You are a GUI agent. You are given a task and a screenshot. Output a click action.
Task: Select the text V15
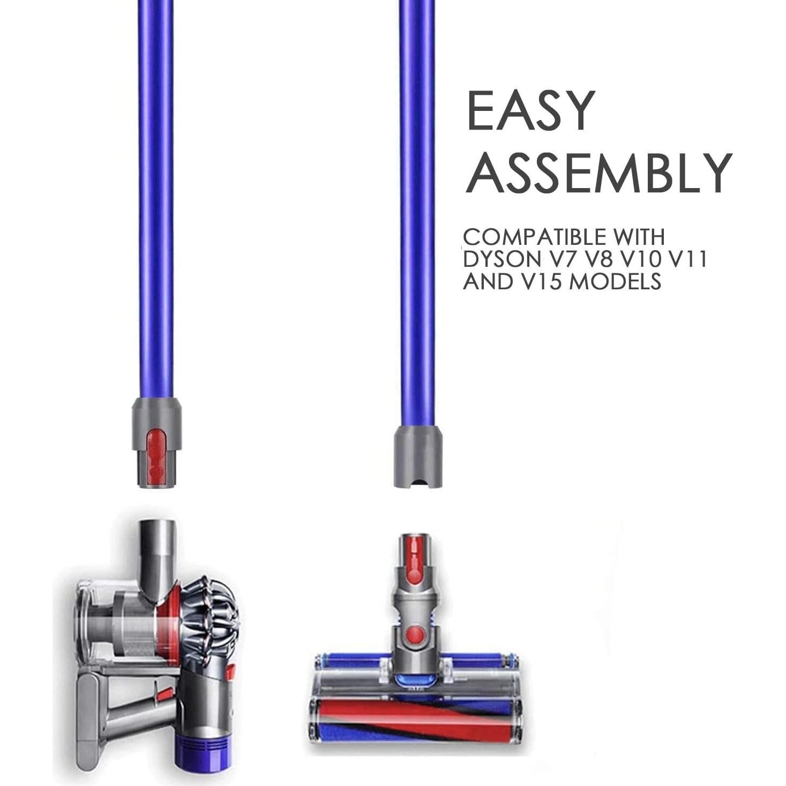(x=541, y=281)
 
